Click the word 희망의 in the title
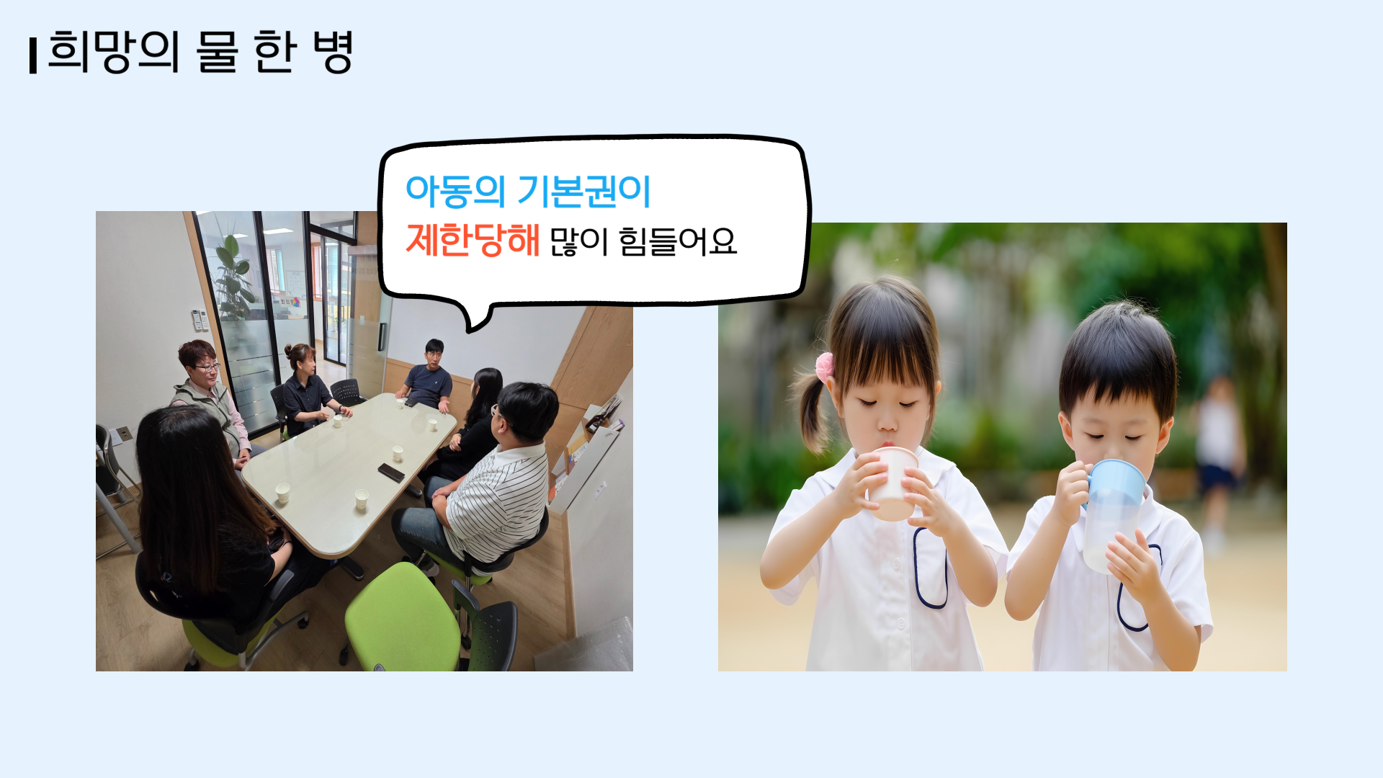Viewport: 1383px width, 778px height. point(113,52)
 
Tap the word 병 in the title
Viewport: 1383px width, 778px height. point(333,52)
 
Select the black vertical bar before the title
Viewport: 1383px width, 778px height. point(33,55)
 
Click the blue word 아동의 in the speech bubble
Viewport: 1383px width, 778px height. point(455,192)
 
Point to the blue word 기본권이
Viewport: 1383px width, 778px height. point(584,192)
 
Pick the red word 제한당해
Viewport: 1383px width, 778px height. point(473,240)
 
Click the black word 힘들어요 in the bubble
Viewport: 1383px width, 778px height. point(678,241)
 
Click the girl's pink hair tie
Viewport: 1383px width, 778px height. point(823,367)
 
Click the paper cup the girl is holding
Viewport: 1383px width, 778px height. point(893,483)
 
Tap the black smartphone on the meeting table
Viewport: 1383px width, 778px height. point(391,473)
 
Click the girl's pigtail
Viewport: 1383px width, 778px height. point(811,414)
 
